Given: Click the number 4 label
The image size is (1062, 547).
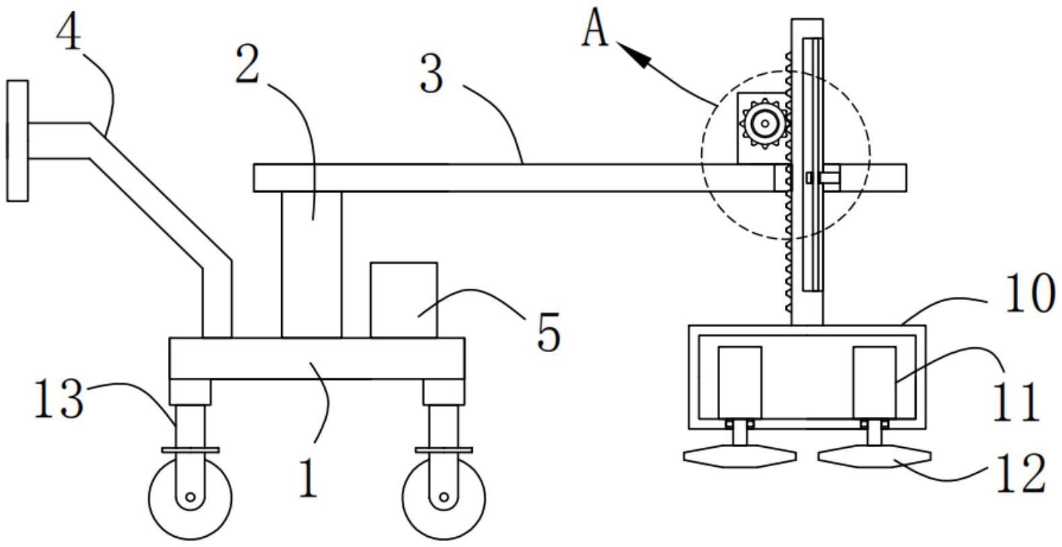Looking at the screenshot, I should pyautogui.click(x=68, y=32).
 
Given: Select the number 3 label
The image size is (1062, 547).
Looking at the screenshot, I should pyautogui.click(x=432, y=74).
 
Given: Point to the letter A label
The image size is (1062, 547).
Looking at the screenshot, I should pyautogui.click(x=595, y=30).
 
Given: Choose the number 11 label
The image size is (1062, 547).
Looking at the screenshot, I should pyautogui.click(x=1016, y=403).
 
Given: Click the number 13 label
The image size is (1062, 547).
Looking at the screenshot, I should pyautogui.click(x=59, y=399).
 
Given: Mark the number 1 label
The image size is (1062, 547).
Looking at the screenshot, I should pyautogui.click(x=307, y=479).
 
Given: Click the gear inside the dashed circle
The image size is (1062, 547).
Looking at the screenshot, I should pyautogui.click(x=765, y=123).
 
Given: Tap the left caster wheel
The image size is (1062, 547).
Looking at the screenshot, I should pyautogui.click(x=190, y=498).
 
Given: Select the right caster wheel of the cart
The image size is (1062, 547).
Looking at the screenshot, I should pyautogui.click(x=444, y=498).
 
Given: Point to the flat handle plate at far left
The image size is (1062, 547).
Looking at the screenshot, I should pyautogui.click(x=18, y=140).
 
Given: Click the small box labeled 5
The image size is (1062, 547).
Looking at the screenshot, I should pyautogui.click(x=403, y=299).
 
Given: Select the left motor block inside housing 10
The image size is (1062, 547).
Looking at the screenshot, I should pyautogui.click(x=740, y=382).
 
